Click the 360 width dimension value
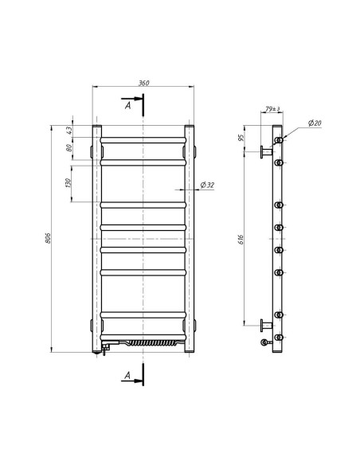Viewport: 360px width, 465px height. [x=143, y=84]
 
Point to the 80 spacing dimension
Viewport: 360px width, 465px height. [x=70, y=148]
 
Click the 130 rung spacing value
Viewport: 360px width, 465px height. [x=70, y=182]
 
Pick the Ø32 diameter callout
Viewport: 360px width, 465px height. [x=205, y=185]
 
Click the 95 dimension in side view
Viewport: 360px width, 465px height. [x=242, y=138]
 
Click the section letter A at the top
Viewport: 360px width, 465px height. [x=127, y=103]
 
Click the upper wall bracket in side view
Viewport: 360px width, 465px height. [x=264, y=151]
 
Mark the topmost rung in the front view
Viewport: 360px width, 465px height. [x=143, y=139]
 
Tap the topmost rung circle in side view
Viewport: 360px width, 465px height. [x=279, y=141]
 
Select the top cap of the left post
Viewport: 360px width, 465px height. [x=96, y=127]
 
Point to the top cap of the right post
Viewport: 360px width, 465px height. [x=190, y=127]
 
